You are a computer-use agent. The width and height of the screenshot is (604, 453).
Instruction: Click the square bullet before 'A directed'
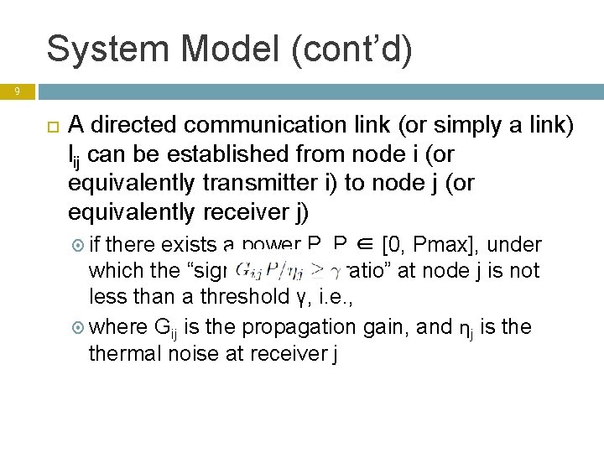49,127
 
